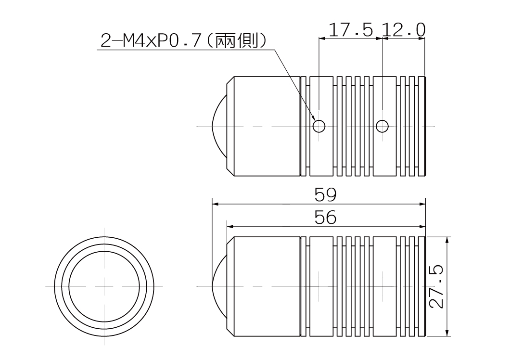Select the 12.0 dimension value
tap(403, 30)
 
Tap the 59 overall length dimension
tap(325, 194)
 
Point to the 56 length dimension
tap(325, 218)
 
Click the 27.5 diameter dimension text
tap(436, 286)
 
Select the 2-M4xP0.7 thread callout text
tap(150, 41)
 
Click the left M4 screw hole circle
tap(319, 126)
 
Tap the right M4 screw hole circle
tap(382, 126)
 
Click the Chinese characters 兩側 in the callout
tap(237, 41)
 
